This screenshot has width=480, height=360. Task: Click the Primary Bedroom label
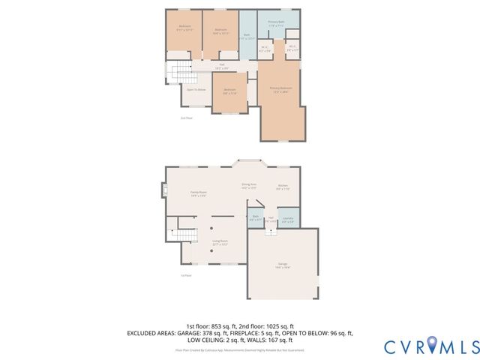coord(280,89)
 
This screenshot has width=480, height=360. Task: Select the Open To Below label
coord(196,88)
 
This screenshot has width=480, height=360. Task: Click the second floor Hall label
coord(201,66)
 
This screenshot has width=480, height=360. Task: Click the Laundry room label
coord(286,221)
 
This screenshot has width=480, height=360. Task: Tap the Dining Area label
coord(249,186)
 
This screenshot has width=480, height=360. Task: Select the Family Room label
coord(198,194)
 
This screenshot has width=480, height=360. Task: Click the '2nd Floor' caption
coord(187,118)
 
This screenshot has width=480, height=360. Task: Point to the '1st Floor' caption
coord(185,275)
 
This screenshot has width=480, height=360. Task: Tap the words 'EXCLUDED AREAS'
coord(153,332)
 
